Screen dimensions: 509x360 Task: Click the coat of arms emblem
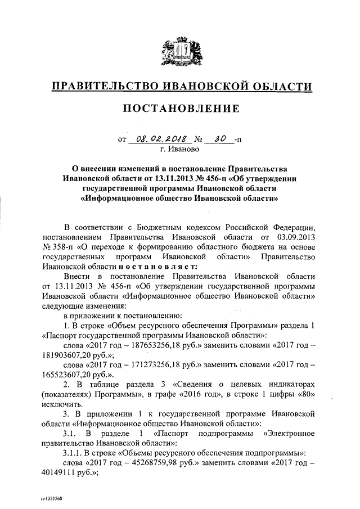(x=180, y=50)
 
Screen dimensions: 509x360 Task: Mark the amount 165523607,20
(x=66, y=377)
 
